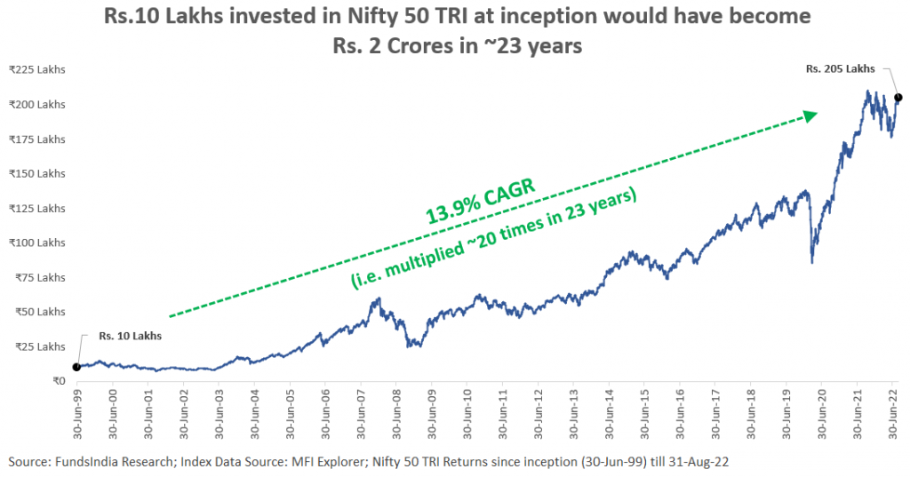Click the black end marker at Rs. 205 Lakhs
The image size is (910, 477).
(x=898, y=97)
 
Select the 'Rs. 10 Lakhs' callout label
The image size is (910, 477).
(x=124, y=337)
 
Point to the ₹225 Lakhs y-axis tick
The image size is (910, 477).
(x=37, y=70)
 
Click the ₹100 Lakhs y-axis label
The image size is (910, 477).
(x=37, y=242)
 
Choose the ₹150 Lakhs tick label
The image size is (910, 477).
(x=37, y=173)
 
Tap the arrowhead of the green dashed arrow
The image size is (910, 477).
(x=810, y=115)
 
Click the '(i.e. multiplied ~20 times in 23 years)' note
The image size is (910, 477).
(x=494, y=237)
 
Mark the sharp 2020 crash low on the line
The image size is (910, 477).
(x=812, y=262)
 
